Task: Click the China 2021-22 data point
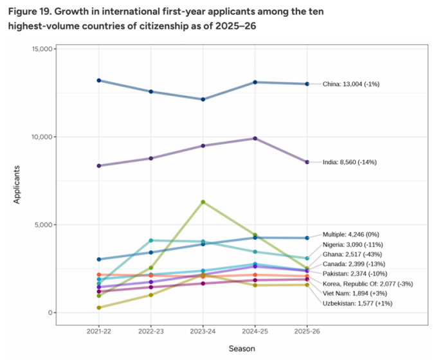(x=99, y=80)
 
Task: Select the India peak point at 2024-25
(x=255, y=138)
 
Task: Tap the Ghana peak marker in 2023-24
(x=203, y=202)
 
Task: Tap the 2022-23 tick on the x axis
(x=151, y=329)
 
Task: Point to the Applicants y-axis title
(x=18, y=184)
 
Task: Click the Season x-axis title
(x=242, y=348)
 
